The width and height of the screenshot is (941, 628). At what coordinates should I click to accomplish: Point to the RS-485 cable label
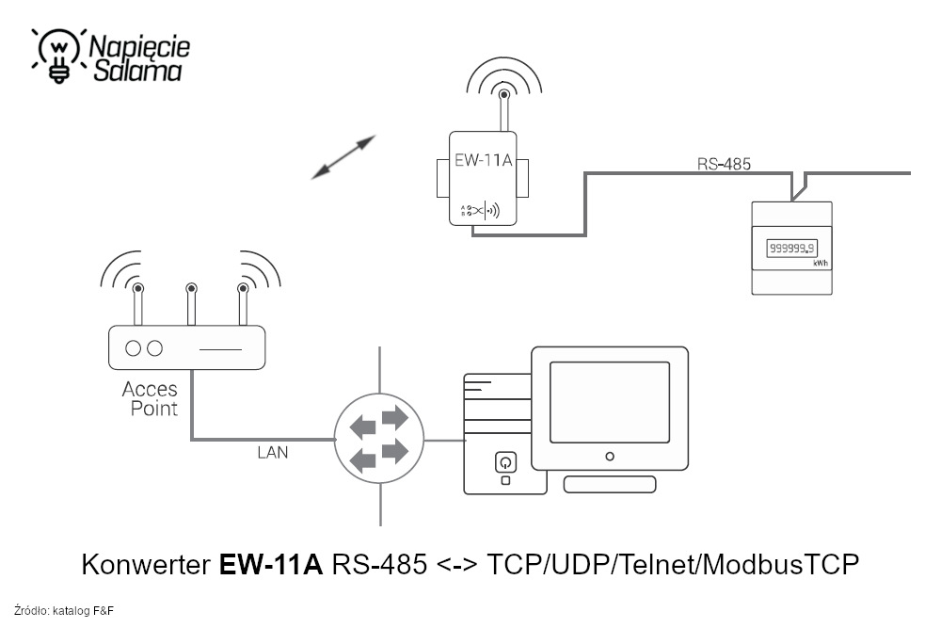coord(724,164)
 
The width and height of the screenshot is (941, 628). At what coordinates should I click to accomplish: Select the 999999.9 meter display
coord(791,249)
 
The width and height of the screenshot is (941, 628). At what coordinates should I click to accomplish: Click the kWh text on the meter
coord(821,264)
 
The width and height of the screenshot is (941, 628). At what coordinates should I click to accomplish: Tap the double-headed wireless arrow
coord(343,156)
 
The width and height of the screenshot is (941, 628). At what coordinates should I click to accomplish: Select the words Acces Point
coord(150,399)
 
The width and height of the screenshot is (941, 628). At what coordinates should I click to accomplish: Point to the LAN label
coord(273,453)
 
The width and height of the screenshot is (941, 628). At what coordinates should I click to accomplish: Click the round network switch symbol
coord(379,440)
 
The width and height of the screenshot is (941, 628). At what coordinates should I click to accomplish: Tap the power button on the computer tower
coord(505,462)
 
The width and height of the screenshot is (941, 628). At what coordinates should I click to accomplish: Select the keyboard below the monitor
coord(609,484)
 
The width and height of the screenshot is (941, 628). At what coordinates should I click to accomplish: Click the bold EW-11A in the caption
coord(271,565)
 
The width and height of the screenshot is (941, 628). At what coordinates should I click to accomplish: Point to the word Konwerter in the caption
coord(146,565)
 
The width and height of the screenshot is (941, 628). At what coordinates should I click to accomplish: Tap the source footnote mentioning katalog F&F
coord(64,611)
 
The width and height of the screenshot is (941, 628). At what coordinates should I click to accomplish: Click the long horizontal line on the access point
coord(220,348)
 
